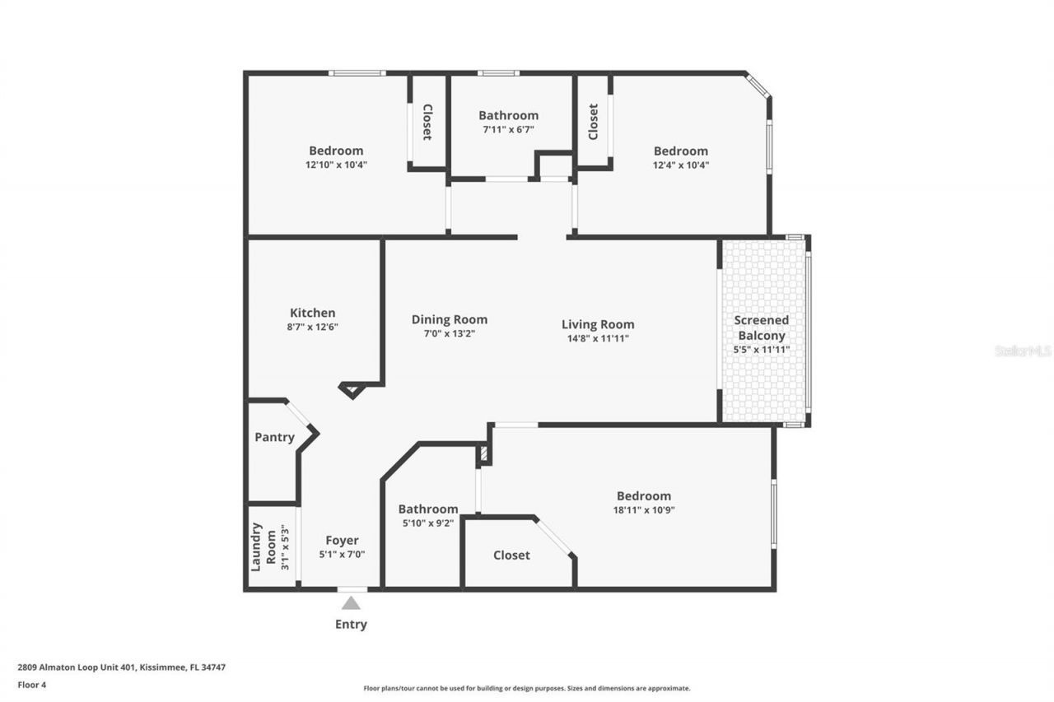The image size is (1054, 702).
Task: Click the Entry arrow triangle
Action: [x=352, y=603]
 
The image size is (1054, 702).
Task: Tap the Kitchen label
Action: [x=312, y=313]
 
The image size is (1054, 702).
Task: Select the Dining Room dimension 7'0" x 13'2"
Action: [x=450, y=334]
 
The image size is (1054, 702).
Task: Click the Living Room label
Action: [x=598, y=324]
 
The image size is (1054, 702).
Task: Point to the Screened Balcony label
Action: [x=762, y=328]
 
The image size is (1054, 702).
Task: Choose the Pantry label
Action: [x=274, y=437]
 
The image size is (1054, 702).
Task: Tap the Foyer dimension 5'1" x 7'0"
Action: [x=342, y=555]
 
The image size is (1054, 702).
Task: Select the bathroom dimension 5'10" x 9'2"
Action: [x=427, y=523]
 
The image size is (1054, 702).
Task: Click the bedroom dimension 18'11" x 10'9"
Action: [x=644, y=509]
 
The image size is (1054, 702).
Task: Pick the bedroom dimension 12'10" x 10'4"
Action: [x=336, y=165]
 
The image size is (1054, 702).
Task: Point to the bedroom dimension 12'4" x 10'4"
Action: [x=681, y=165]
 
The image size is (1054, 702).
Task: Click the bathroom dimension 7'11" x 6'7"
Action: [x=508, y=129]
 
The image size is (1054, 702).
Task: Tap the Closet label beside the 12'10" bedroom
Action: [x=427, y=122]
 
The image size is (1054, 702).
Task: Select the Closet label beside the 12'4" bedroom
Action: [x=593, y=121]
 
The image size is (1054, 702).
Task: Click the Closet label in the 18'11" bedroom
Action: [x=511, y=556]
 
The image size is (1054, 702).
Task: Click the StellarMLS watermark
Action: [x=1023, y=351]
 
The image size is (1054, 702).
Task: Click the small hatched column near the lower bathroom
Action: [x=484, y=453]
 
